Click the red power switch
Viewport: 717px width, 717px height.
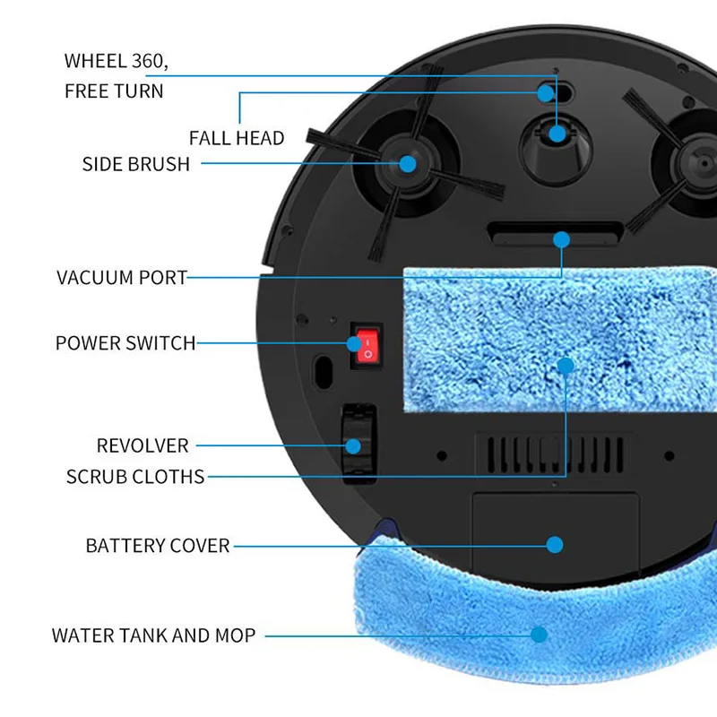coord(368,346)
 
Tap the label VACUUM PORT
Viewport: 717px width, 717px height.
coord(122,278)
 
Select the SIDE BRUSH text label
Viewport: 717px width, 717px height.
coord(136,164)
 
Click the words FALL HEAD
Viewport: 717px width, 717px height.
coord(237,138)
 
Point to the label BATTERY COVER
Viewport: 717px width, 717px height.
coord(158,546)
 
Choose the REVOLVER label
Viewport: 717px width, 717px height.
coord(143,445)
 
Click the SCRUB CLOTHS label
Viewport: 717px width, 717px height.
coord(135,477)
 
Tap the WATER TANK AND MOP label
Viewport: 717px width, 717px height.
coord(153,635)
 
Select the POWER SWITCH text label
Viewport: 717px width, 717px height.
coord(125,343)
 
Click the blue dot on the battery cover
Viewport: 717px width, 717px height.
coord(555,545)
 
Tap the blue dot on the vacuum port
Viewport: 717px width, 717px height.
coord(562,239)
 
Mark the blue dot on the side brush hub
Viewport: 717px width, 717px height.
coord(408,164)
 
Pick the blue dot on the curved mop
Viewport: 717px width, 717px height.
coord(540,635)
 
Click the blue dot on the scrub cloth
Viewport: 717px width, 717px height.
coord(566,366)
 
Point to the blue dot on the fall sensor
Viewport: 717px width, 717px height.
coord(545,94)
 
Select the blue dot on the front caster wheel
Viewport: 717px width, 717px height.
coord(557,134)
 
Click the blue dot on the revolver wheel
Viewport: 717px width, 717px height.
coord(353,445)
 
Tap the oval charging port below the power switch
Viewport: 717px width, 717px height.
coord(324,372)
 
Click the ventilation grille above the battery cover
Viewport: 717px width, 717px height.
coord(555,454)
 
